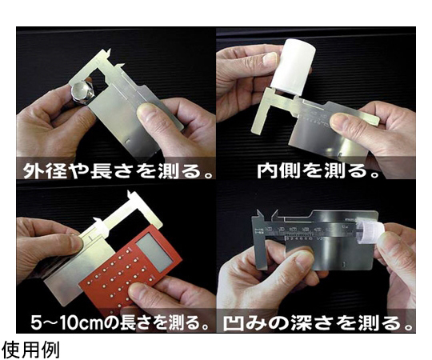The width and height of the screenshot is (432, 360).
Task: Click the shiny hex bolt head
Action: point(82,93)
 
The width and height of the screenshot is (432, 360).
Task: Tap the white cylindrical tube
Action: point(293,66)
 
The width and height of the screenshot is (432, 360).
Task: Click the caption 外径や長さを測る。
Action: point(118,170)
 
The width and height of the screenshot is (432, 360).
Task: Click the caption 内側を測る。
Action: point(318,170)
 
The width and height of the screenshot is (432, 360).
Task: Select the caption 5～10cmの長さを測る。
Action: point(120,322)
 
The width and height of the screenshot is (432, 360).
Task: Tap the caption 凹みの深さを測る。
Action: point(318,323)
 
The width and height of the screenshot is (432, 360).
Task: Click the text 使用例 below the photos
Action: point(30,350)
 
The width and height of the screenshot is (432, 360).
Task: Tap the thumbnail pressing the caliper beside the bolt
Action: point(146,114)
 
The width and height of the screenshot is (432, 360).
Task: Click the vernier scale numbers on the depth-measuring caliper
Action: point(303,239)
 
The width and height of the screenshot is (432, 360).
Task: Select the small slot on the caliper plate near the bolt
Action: point(126,141)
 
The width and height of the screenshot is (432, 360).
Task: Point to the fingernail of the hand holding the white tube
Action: point(270,58)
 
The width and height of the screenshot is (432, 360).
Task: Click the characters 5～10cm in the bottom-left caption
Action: point(66,322)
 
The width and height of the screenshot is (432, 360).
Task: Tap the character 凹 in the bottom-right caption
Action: point(232,323)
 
